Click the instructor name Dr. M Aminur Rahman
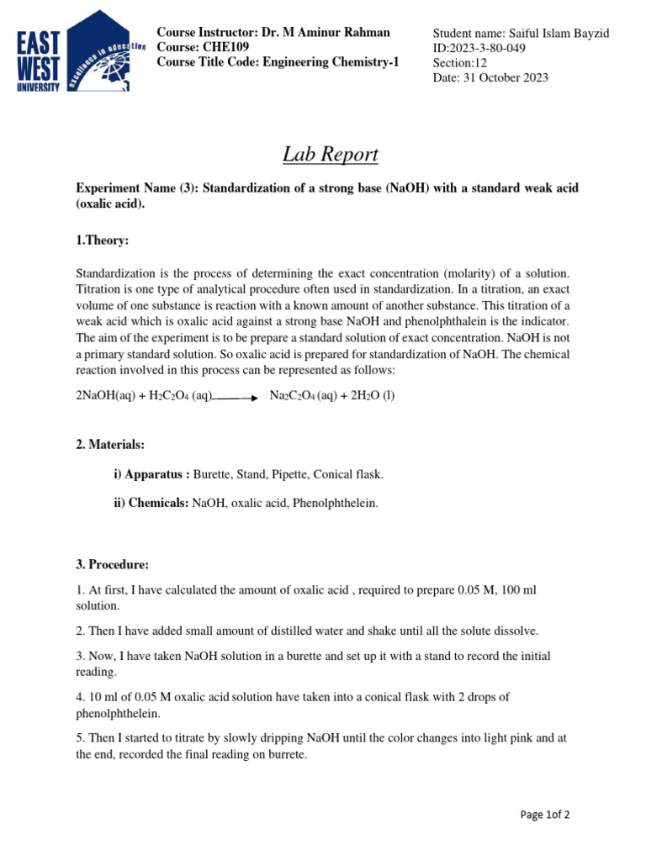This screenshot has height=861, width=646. tap(326, 32)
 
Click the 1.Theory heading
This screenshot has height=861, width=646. tap(103, 240)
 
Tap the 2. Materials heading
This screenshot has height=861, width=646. tap(110, 444)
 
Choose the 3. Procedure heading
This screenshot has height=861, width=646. tap(113, 563)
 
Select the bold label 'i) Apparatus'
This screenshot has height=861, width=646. tap(151, 474)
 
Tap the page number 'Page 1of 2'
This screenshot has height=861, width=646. tap(545, 814)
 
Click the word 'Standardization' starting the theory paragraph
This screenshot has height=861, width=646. tap(118, 274)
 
